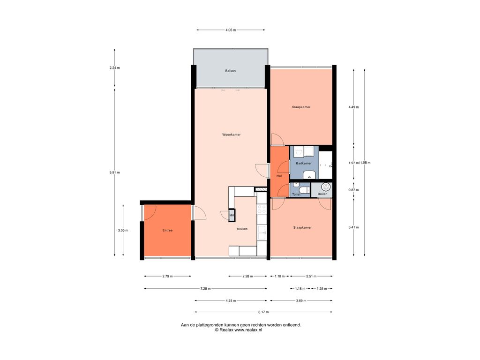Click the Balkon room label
[x=230, y=71]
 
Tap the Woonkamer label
[x=231, y=135]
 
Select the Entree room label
[x=167, y=230]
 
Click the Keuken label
[x=242, y=229]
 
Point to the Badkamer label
[x=304, y=163]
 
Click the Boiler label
[x=322, y=194]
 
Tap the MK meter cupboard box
[x=232, y=215]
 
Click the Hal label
[x=279, y=176]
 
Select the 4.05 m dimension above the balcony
[x=231, y=30]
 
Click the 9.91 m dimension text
[x=114, y=172]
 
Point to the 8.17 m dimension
[x=263, y=312]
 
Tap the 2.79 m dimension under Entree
[x=167, y=276]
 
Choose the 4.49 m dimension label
[x=353, y=107]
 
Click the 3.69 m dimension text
[x=301, y=300]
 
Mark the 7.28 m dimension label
[x=205, y=288]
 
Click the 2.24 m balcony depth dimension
[x=114, y=67]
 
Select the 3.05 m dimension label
[x=123, y=230]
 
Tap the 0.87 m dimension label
[x=353, y=190]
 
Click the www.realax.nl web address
[x=248, y=330]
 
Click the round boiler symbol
[x=326, y=187]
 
